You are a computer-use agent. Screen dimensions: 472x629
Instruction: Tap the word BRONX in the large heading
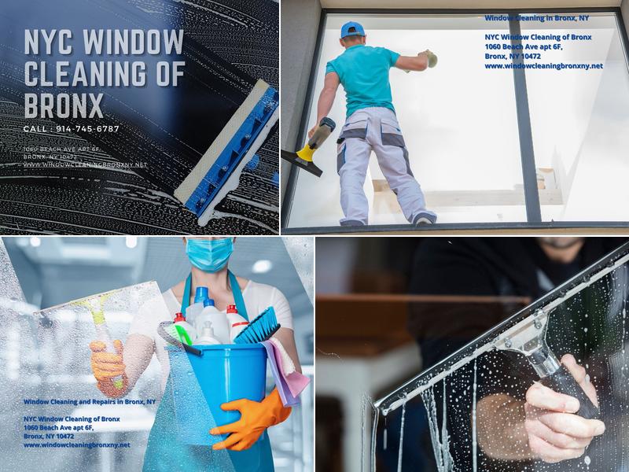64,104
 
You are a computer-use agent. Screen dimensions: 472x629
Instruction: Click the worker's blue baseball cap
353,30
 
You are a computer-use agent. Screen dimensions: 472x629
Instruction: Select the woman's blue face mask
209,253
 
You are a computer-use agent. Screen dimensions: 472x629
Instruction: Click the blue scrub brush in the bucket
259,325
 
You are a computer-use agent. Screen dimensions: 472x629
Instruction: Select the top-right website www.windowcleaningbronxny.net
543,66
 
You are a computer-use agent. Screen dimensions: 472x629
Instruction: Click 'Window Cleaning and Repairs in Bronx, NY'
89,401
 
